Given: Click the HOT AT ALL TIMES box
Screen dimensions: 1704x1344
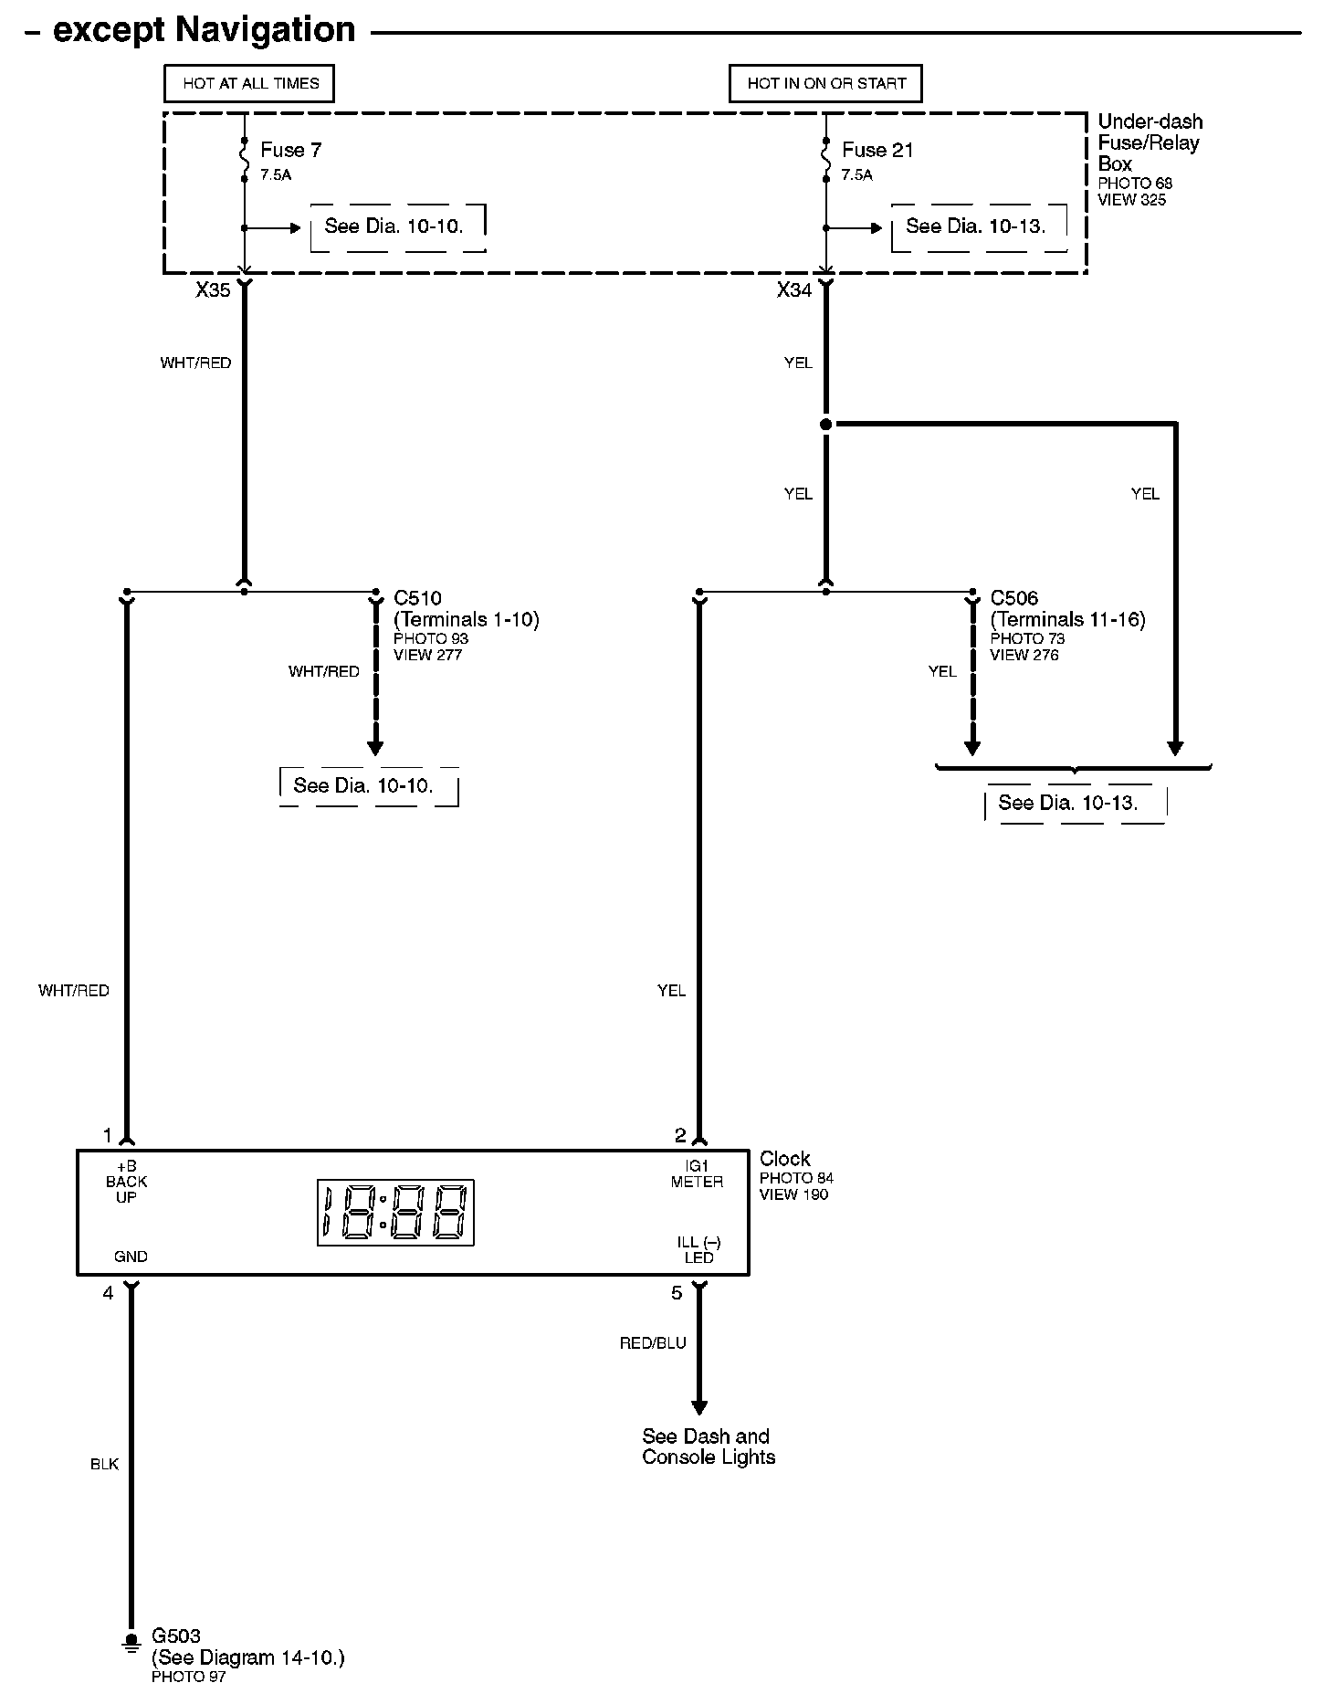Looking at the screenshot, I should [x=249, y=83].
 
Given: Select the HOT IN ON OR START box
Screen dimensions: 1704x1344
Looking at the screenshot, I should [x=825, y=83].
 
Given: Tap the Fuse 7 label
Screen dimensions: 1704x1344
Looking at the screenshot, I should [x=290, y=150].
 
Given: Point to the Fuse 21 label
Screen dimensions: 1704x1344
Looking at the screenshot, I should [x=877, y=150].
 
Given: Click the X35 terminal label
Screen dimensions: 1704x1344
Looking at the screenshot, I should [x=213, y=290].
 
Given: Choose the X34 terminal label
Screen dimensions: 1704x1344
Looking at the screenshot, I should [x=794, y=290].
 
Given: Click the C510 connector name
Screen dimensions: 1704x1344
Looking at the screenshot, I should [x=417, y=598].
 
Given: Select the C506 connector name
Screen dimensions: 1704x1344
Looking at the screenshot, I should [x=1013, y=598].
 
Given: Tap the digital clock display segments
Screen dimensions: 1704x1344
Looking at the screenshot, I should [x=395, y=1212].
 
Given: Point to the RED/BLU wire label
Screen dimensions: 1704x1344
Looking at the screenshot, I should [x=653, y=1343].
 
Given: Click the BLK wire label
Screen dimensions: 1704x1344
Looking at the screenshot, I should [x=105, y=1464].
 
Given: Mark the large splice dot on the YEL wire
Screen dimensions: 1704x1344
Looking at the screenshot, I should [x=826, y=425].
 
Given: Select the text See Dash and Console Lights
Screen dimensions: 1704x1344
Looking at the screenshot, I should [x=708, y=1446].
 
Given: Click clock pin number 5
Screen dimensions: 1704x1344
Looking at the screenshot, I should [x=677, y=1292].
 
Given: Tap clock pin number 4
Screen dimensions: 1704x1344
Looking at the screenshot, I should [x=108, y=1292].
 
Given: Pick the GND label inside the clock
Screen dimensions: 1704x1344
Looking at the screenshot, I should [x=131, y=1257].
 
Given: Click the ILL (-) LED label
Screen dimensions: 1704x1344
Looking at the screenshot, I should [x=698, y=1249].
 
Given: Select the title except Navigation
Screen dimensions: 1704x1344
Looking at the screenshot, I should [x=204, y=30].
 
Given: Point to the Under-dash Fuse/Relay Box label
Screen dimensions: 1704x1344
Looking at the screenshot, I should [x=1149, y=142].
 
